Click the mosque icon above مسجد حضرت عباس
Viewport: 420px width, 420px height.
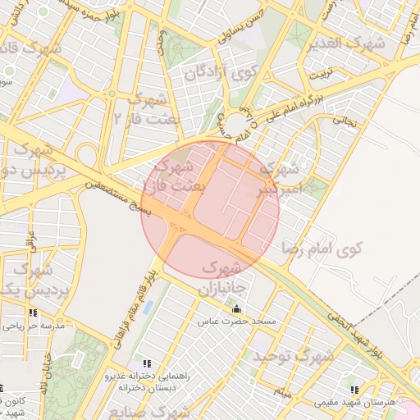237,309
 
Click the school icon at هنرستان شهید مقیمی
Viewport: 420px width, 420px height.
354,390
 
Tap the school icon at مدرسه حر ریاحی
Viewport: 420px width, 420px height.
33,313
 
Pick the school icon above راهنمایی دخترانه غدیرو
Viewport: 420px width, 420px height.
147,363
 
